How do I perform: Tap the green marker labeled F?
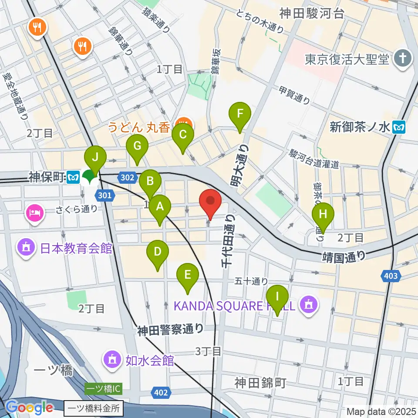tap(240, 115)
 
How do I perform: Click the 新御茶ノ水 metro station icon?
tap(398, 127)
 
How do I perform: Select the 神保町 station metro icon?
tap(74, 177)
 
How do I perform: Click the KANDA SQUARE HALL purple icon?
tap(310, 305)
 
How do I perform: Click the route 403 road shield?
tap(391, 275)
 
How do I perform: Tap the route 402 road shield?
tap(161, 393)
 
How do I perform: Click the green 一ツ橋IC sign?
tap(103, 388)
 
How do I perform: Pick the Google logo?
tap(30, 408)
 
